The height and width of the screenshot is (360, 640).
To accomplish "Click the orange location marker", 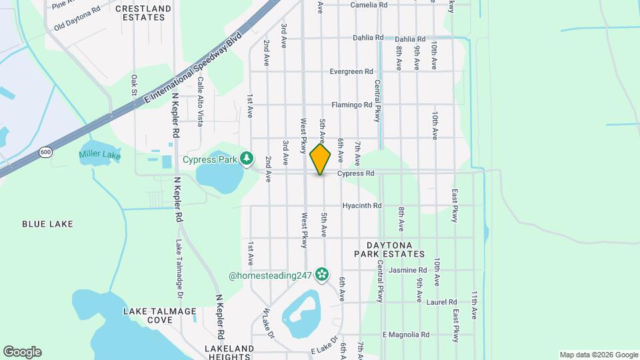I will [321, 159].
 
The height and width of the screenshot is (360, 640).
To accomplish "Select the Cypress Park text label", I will [211, 160].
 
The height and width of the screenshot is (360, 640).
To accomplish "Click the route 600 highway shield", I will [45, 152].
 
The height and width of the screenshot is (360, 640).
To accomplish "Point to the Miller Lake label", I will [100, 155].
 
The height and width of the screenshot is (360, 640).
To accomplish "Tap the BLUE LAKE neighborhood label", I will [47, 224].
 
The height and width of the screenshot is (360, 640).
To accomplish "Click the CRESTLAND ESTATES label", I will [143, 13].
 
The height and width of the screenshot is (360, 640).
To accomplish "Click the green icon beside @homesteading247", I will [322, 274].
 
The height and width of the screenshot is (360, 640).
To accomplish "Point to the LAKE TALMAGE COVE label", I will [160, 315].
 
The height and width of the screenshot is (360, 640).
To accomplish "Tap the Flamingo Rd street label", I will [352, 105].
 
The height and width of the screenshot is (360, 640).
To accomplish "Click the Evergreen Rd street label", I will [351, 72].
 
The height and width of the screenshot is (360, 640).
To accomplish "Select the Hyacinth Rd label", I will [362, 206].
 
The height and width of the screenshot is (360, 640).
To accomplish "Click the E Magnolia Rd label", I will [405, 335].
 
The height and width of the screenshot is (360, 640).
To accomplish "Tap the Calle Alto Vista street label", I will [200, 101].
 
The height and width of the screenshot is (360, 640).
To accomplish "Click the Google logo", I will [22, 351].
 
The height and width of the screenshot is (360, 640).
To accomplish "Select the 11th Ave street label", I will [474, 304].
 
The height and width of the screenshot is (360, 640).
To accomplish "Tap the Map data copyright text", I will [598, 355].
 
